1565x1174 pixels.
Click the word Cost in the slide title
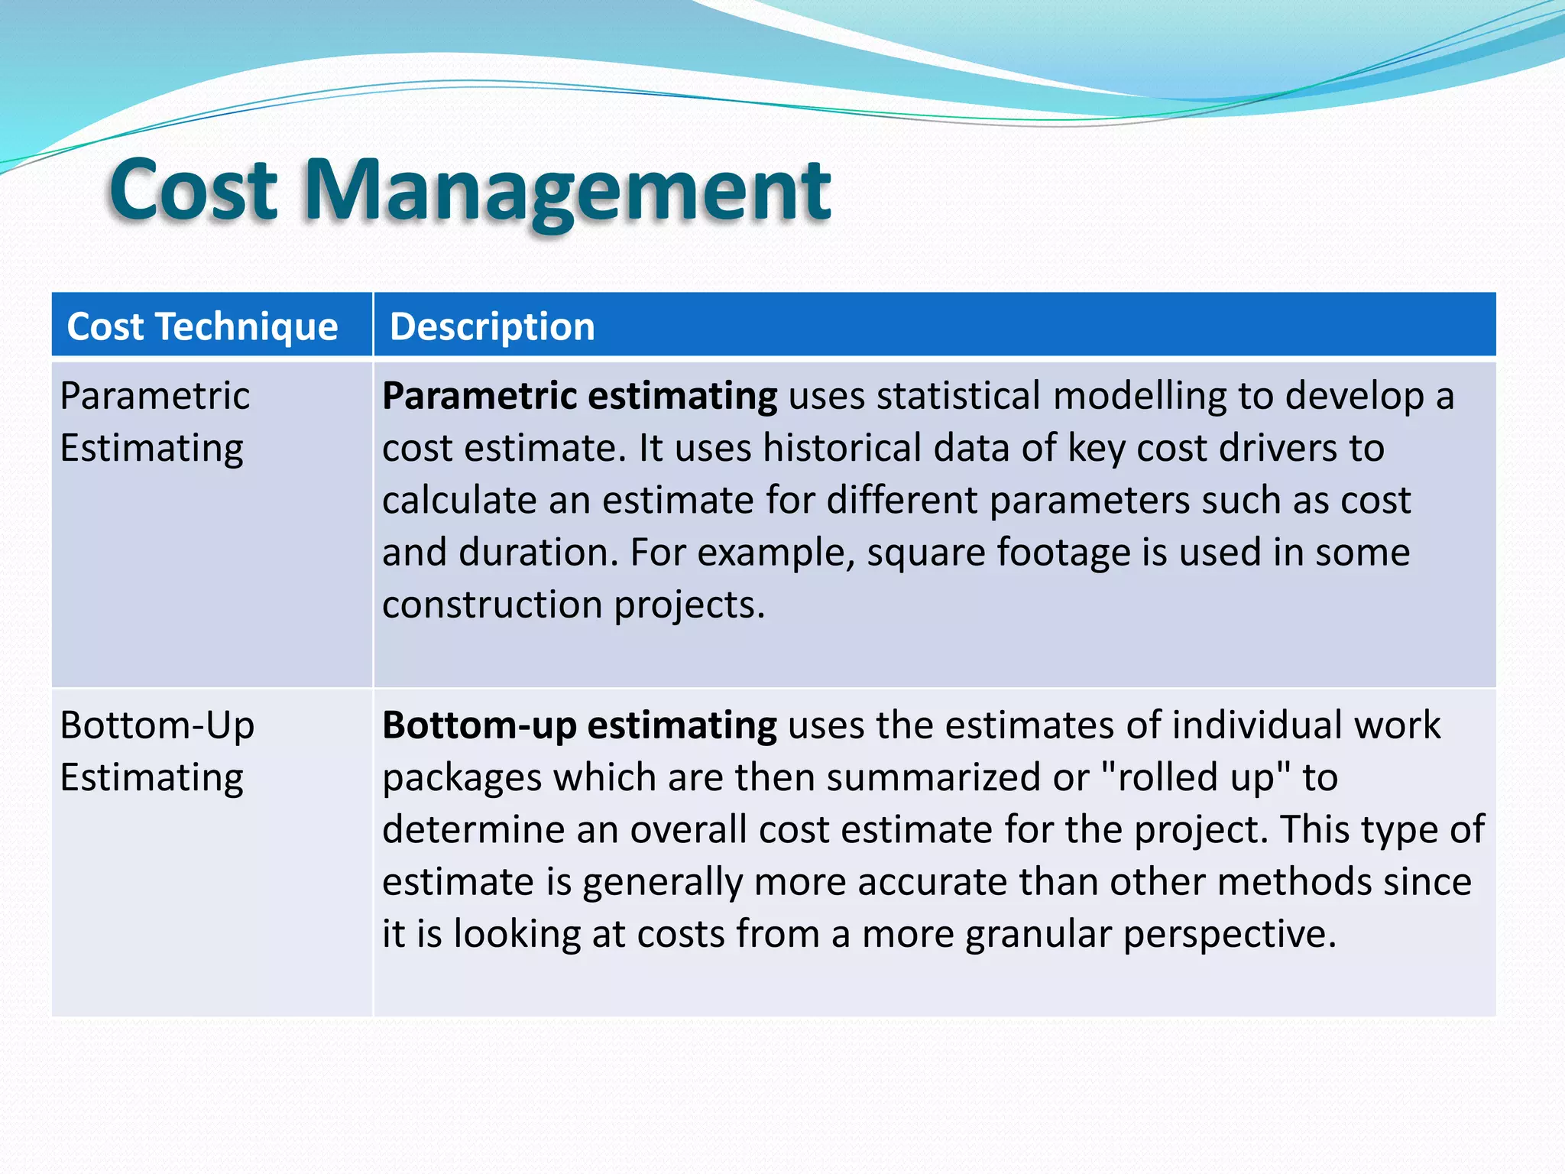pos(193,190)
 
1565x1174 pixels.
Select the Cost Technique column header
pos(203,326)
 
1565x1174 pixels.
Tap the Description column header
pos(492,326)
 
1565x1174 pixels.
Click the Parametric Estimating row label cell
pos(155,422)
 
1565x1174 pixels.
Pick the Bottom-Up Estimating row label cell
pos(157,751)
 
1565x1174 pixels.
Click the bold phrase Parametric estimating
pos(579,396)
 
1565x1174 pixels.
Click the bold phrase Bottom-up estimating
pos(579,725)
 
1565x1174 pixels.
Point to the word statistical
pos(958,396)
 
